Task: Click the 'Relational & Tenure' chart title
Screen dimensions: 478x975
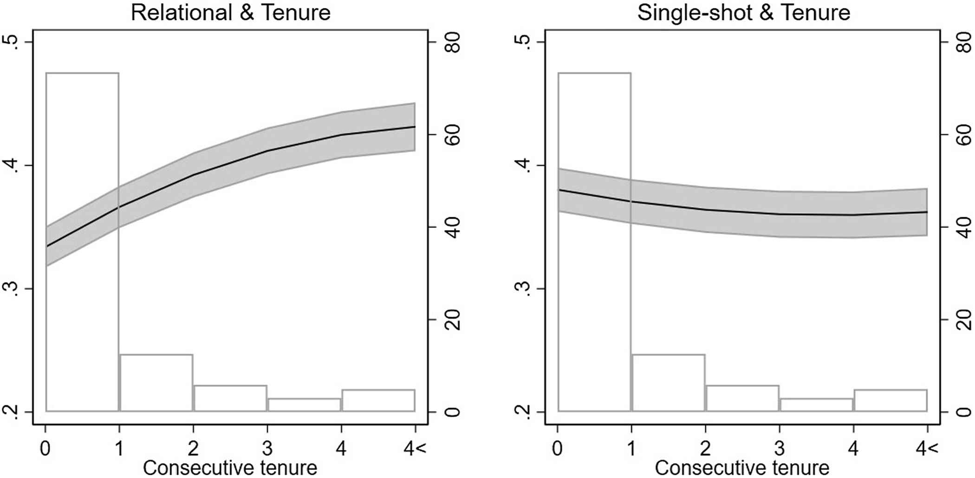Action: [230, 13]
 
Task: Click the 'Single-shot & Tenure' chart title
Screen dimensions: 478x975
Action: [743, 13]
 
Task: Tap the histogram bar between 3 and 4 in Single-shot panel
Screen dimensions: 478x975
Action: [817, 405]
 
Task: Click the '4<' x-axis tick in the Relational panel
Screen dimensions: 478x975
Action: [415, 449]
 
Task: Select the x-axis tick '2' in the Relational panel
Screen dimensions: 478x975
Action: [193, 449]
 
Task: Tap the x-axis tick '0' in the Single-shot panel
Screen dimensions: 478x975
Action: [558, 449]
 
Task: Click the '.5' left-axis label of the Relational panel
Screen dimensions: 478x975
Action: [15, 43]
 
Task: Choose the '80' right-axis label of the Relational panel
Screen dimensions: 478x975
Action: [451, 43]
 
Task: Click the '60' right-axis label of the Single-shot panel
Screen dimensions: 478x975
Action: [964, 135]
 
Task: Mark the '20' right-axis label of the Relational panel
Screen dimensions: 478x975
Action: [451, 320]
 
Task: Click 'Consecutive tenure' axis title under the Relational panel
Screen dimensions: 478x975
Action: [230, 468]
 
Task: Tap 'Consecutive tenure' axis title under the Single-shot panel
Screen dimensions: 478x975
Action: [742, 468]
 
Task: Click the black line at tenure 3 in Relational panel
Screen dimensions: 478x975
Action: [267, 151]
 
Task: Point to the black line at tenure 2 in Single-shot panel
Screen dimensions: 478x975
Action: [705, 210]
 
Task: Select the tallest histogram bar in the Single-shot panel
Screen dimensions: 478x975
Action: [594, 325]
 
